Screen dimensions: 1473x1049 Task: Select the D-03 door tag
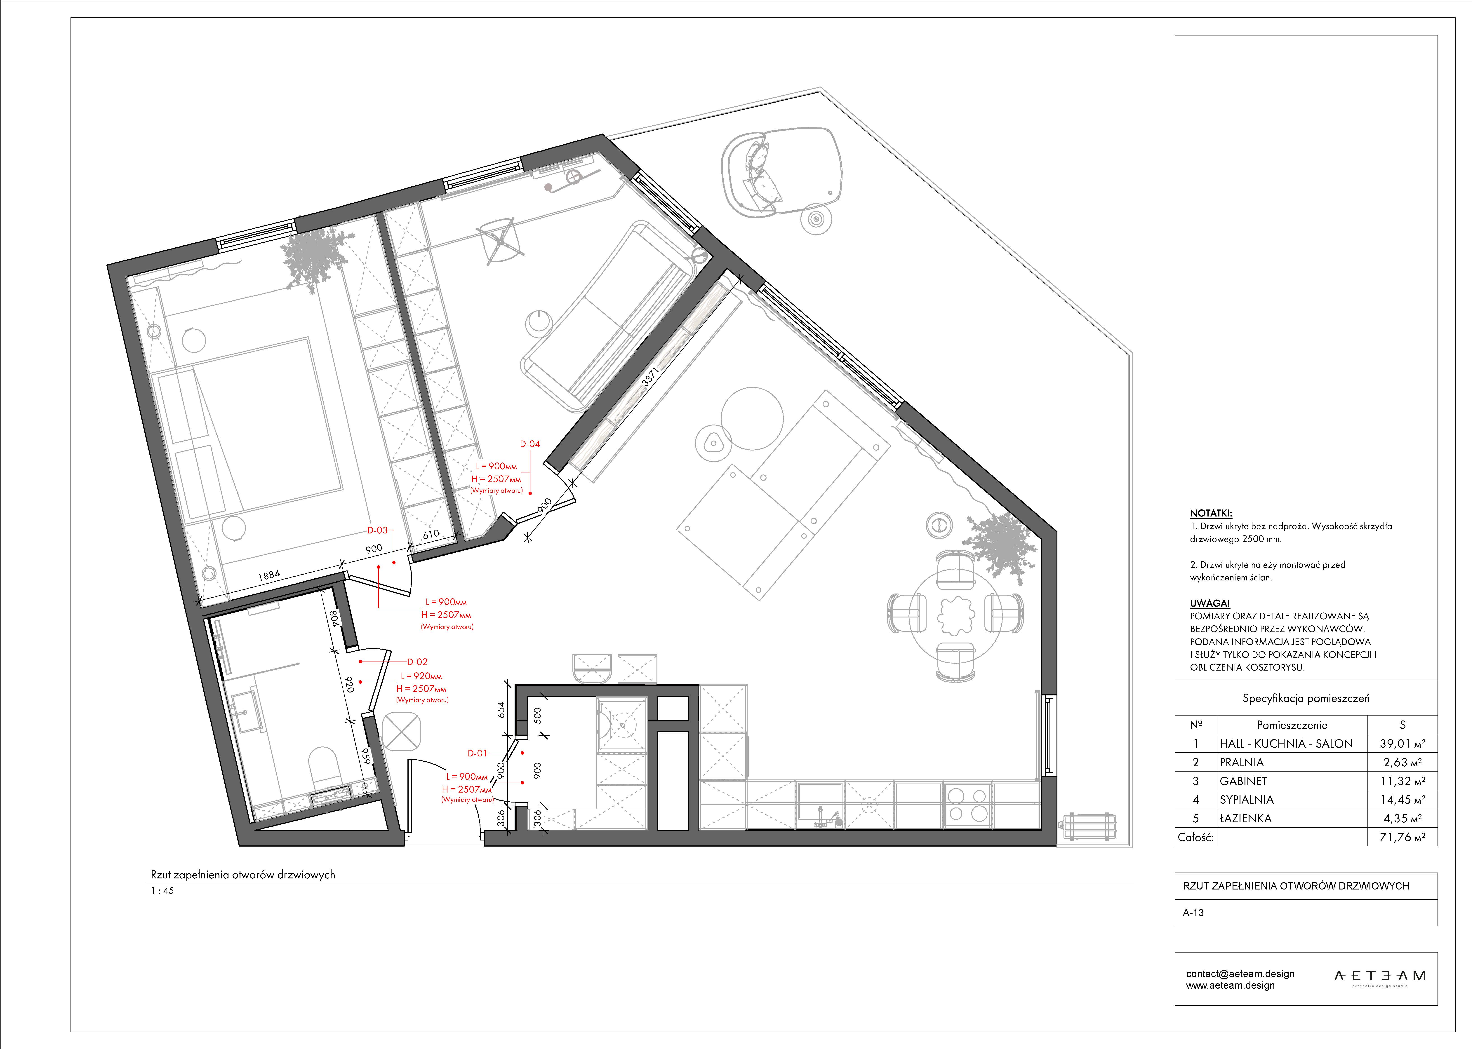pyautogui.click(x=377, y=530)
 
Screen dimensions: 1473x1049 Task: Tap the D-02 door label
pyautogui.click(x=417, y=662)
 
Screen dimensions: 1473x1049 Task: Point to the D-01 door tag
pyautogui.click(x=478, y=753)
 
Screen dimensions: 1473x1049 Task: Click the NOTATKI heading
pyautogui.click(x=1211, y=514)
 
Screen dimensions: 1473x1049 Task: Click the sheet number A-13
pyautogui.click(x=1193, y=913)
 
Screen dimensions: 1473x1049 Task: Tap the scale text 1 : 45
pyautogui.click(x=162, y=891)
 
